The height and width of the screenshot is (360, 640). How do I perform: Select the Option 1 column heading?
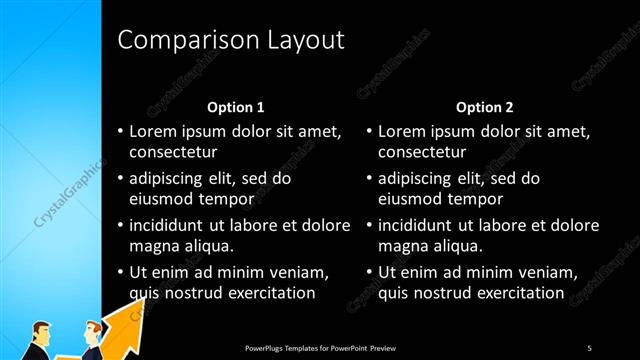pos(236,107)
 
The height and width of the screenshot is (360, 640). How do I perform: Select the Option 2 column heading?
pos(485,107)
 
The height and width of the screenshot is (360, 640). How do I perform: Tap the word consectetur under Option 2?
pos(423,152)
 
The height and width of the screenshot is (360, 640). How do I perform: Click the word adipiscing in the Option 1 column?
pos(170,179)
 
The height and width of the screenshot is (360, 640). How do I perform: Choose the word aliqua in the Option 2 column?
pos(457,246)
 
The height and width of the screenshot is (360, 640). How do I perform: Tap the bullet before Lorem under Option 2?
pos(369,132)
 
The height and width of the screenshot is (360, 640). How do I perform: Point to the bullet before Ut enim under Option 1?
pos(120,273)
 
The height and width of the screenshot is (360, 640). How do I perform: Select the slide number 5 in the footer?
pos(589,347)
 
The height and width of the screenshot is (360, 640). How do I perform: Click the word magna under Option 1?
pos(154,246)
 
